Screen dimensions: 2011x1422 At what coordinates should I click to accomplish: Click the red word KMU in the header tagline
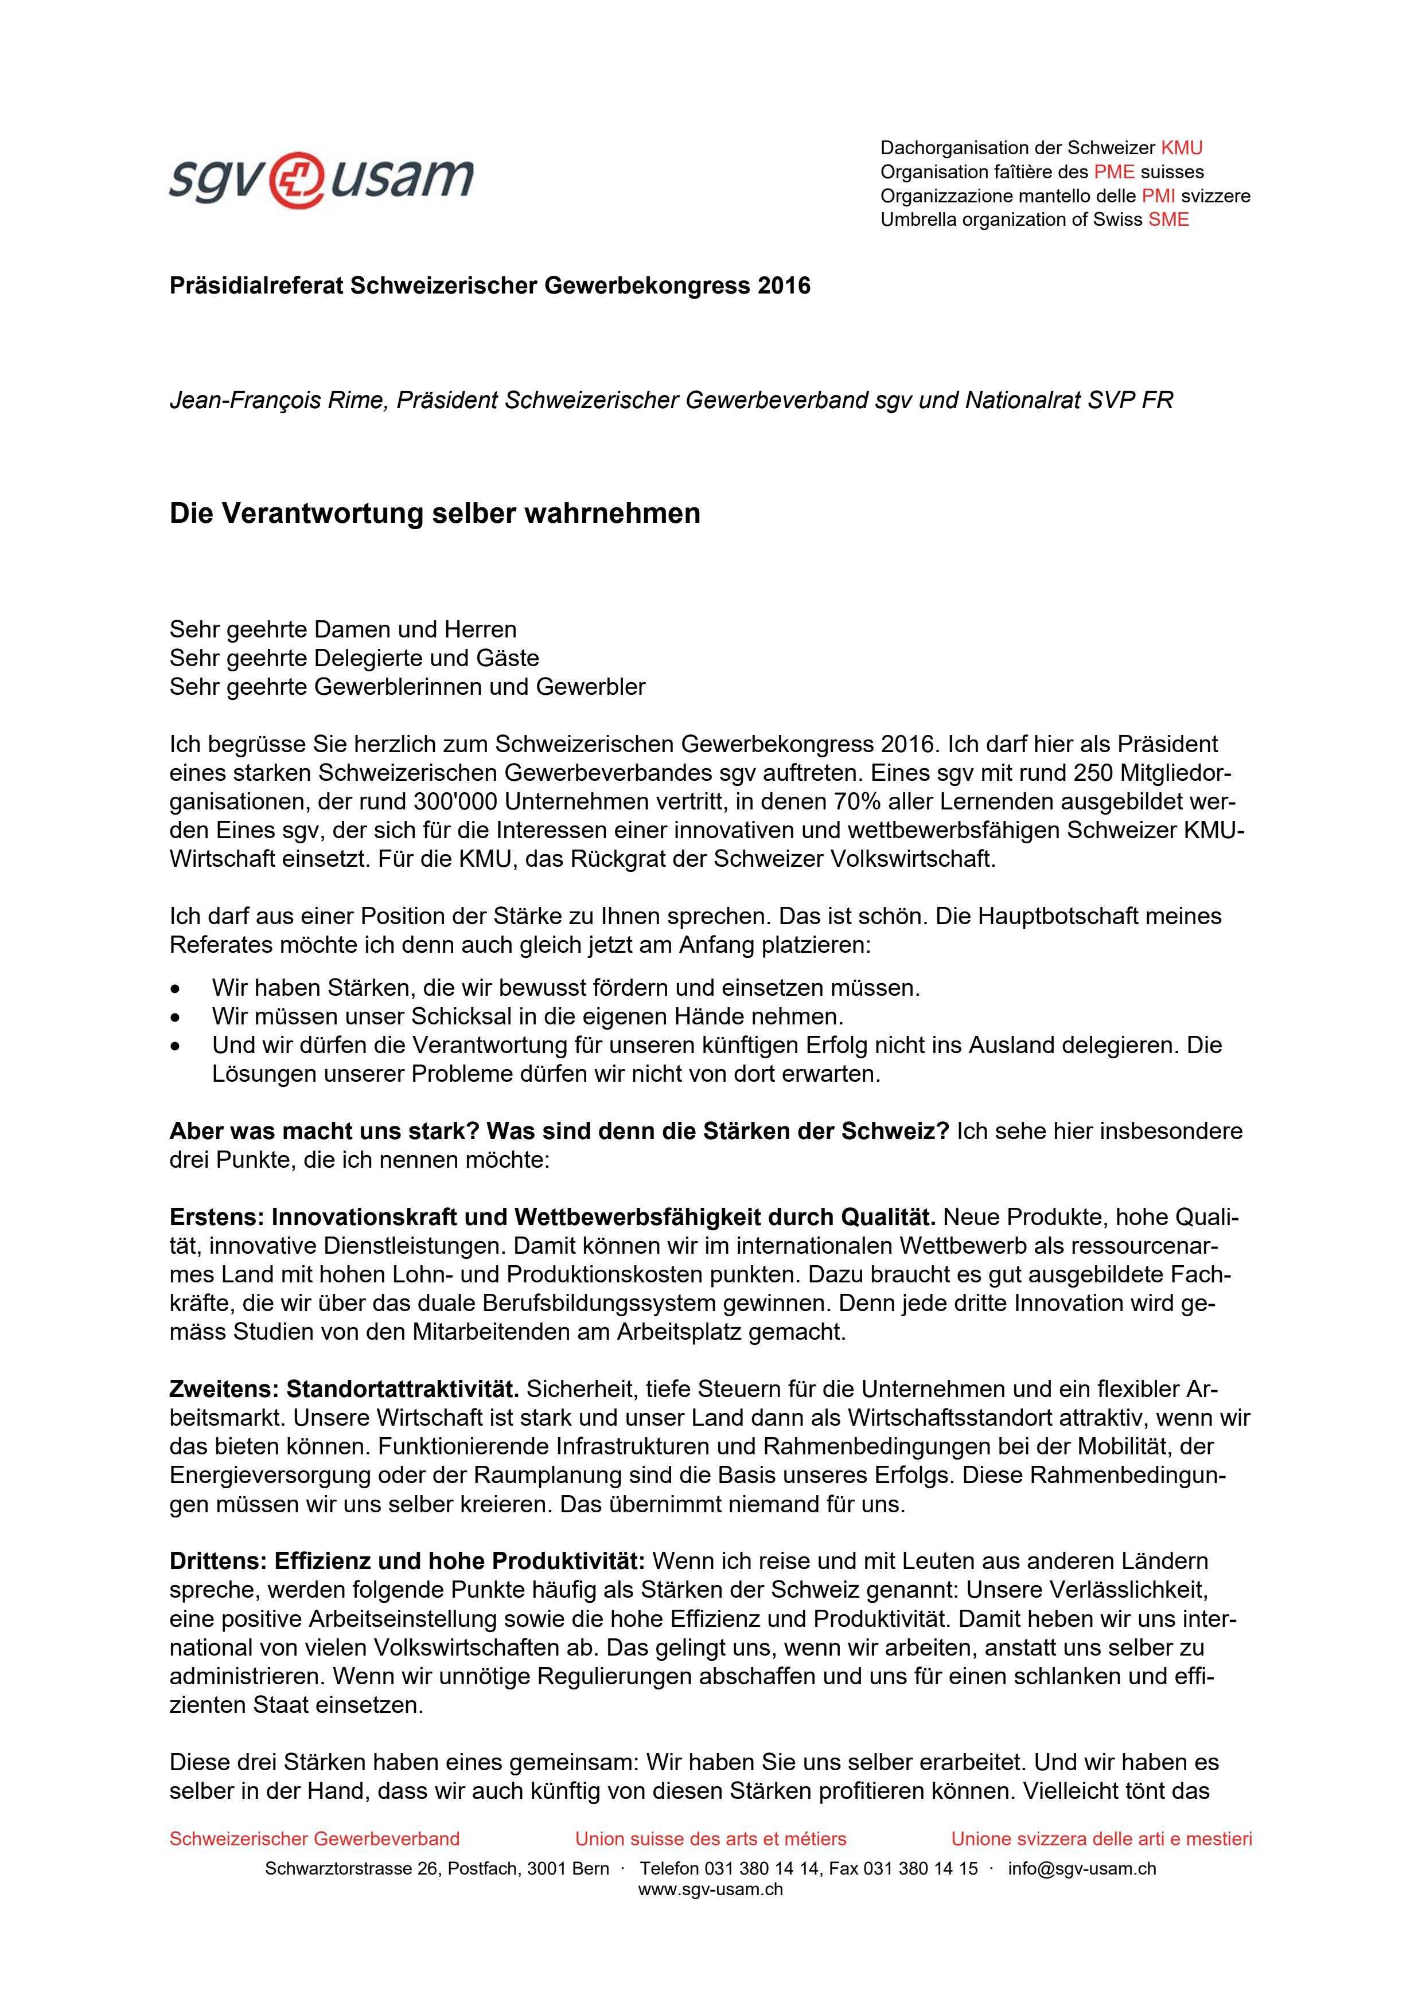[1181, 148]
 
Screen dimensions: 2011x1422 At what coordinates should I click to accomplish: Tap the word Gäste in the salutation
[508, 658]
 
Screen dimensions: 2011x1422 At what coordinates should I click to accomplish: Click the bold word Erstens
[216, 1218]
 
